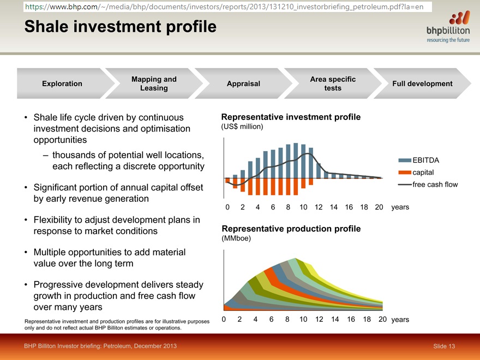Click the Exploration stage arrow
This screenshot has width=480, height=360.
63,83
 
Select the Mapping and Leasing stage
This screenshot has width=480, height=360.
154,83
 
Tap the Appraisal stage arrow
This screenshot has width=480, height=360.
243,83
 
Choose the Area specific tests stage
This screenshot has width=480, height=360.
333,83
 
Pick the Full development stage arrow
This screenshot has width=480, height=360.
422,83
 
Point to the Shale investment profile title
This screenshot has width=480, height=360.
121,26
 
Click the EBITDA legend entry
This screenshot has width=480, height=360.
419,160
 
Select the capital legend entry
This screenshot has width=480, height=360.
416,172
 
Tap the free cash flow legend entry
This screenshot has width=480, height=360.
428,184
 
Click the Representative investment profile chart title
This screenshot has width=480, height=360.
291,117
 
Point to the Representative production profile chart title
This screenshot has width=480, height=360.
291,229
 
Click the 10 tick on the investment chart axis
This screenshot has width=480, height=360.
303,207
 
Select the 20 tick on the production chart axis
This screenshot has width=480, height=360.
382,319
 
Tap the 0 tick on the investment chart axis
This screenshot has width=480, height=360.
227,207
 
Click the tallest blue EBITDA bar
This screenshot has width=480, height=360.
296,160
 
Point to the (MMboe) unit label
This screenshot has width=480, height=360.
236,238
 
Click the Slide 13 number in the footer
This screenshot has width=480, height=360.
444,346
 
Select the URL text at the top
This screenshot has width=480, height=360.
224,7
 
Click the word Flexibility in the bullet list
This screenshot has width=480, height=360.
53,220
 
